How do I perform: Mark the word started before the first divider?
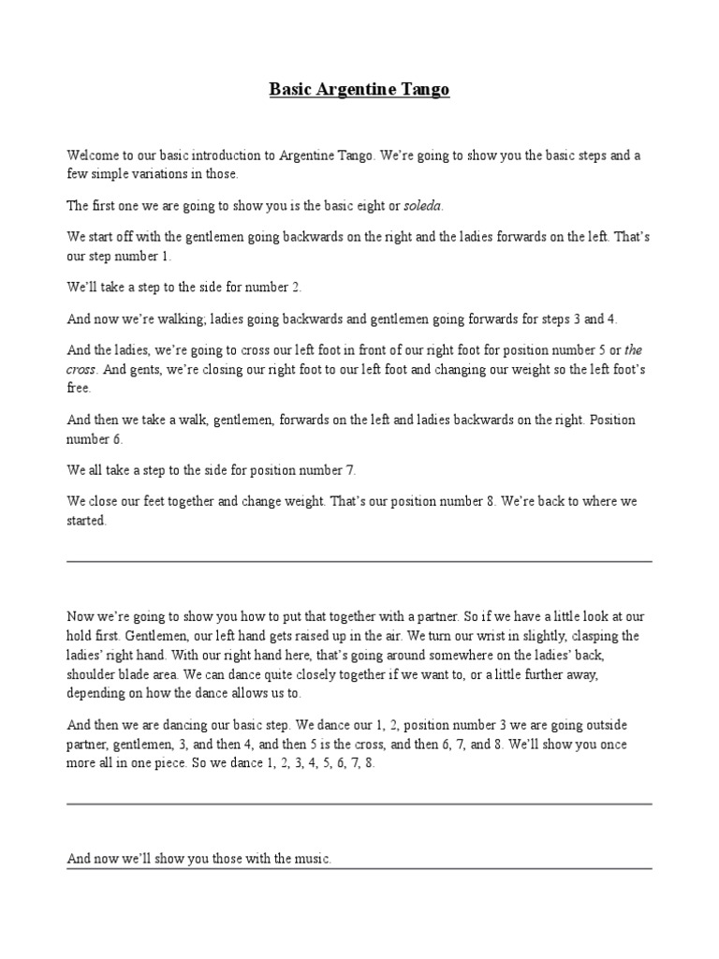click(86, 521)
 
